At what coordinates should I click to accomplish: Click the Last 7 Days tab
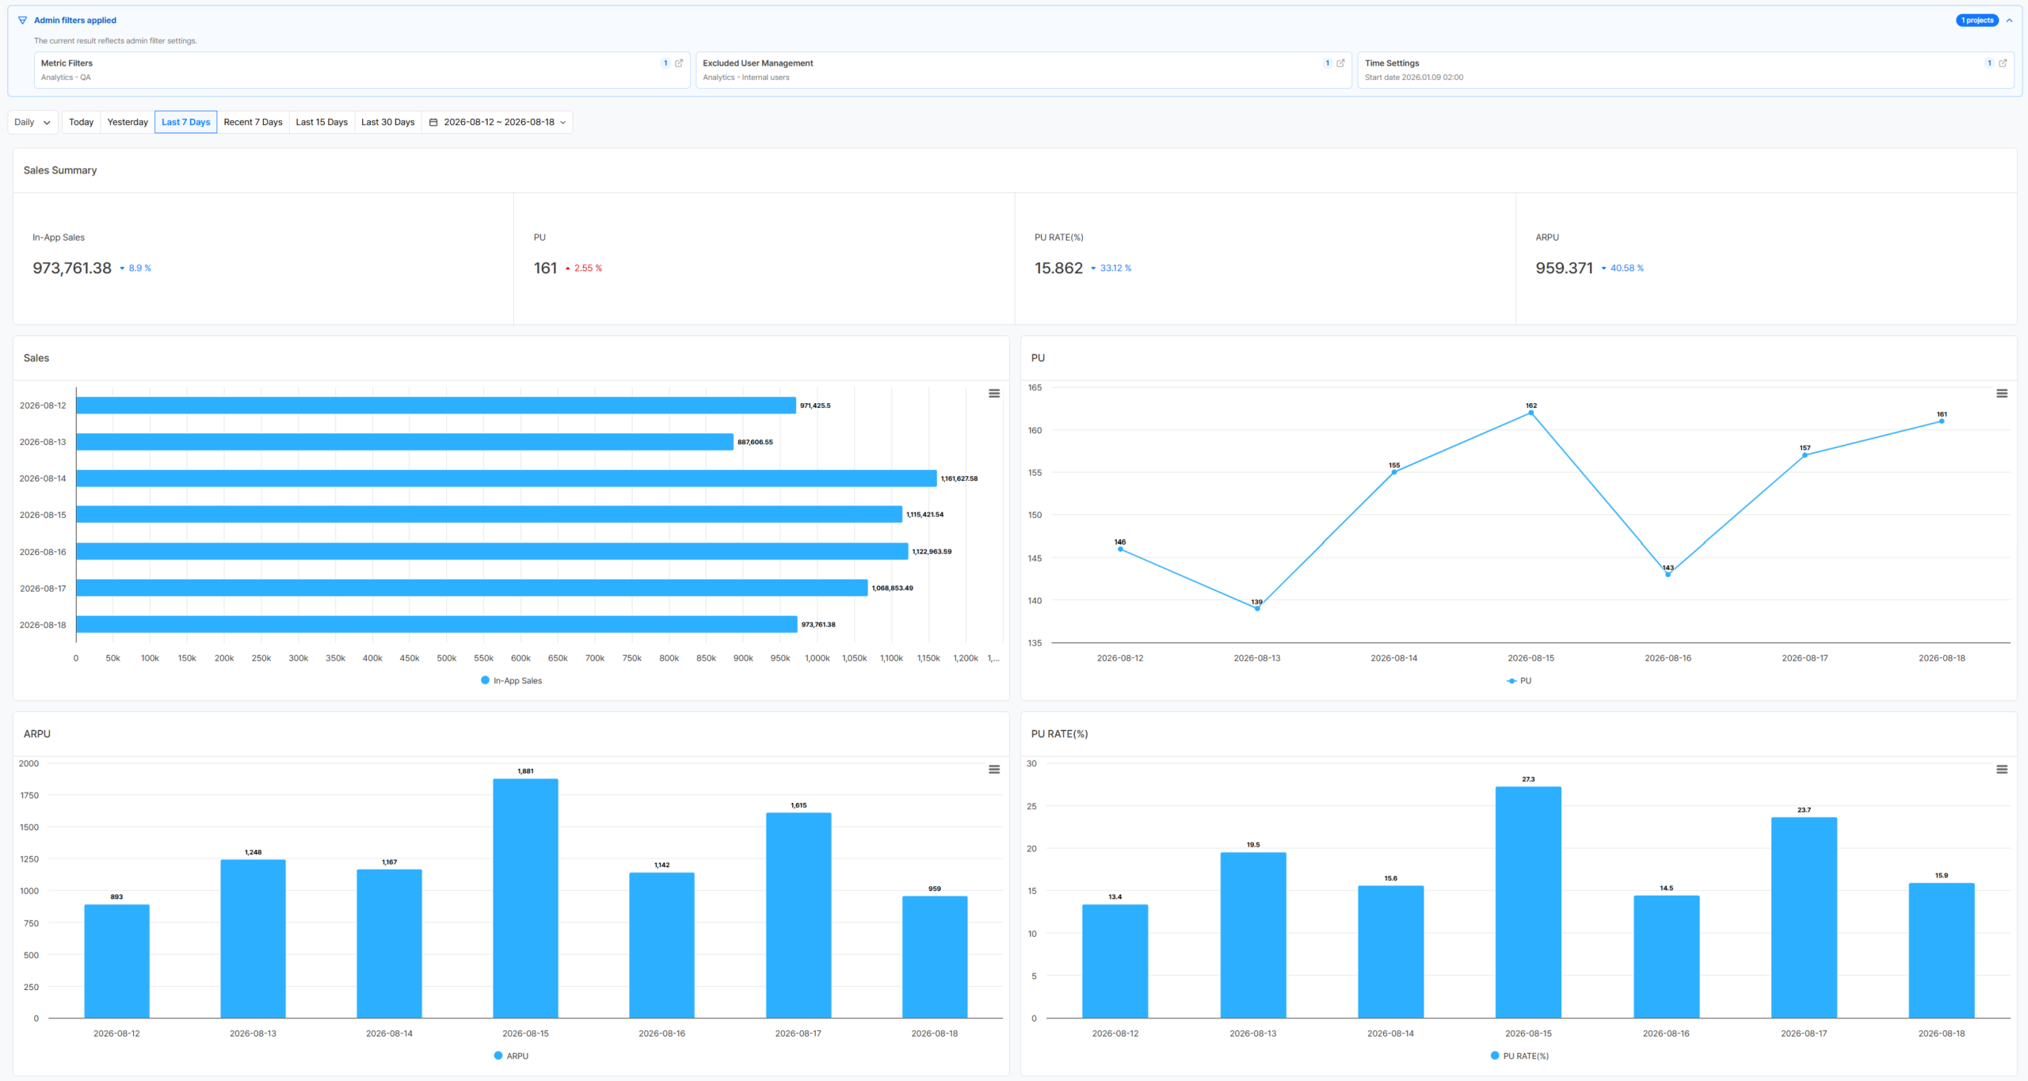click(x=185, y=122)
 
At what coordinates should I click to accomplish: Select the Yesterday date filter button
click(x=128, y=122)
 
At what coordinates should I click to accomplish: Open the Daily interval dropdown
click(x=32, y=122)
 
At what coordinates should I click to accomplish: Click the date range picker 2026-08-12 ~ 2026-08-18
click(x=497, y=122)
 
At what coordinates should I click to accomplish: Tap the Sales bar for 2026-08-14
click(x=506, y=478)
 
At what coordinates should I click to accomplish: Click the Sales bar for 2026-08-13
click(x=405, y=442)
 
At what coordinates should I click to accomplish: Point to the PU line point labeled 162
click(x=1531, y=413)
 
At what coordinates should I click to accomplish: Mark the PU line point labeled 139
click(x=1257, y=608)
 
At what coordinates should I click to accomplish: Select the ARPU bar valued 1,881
click(x=525, y=898)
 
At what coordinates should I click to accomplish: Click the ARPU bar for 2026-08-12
click(x=116, y=961)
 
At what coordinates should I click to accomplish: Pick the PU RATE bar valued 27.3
click(x=1528, y=902)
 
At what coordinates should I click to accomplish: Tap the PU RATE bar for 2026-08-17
click(x=1804, y=918)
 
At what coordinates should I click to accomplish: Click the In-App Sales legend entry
click(x=512, y=680)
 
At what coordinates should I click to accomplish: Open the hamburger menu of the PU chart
click(x=2002, y=394)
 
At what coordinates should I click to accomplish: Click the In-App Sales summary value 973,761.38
click(x=72, y=268)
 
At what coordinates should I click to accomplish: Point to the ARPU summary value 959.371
click(x=1564, y=268)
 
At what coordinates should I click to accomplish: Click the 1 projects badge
click(x=1977, y=21)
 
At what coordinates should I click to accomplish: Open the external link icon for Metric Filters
click(x=679, y=63)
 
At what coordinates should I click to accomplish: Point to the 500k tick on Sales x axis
click(x=447, y=658)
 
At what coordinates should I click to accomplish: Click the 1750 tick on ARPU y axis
click(x=29, y=795)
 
